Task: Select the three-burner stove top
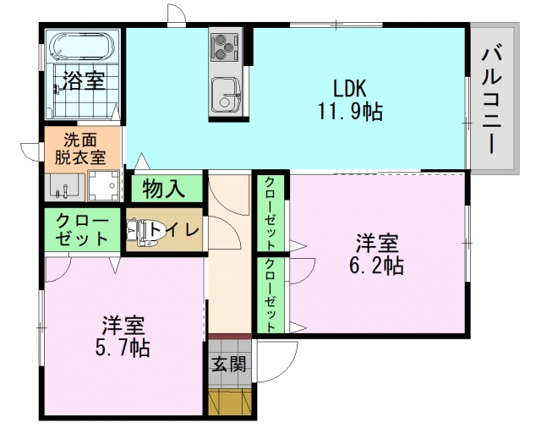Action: tap(224, 47)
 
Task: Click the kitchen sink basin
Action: tap(226, 95)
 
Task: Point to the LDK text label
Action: tap(349, 88)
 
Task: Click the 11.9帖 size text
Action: tap(349, 111)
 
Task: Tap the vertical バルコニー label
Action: tap(492, 101)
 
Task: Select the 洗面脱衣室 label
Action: tap(81, 149)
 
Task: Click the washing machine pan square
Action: tap(103, 186)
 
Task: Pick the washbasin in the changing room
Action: tap(64, 186)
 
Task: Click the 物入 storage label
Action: tap(164, 189)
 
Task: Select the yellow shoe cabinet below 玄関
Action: tap(230, 401)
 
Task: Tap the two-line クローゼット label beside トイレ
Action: tap(82, 229)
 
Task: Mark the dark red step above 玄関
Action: tap(230, 337)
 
